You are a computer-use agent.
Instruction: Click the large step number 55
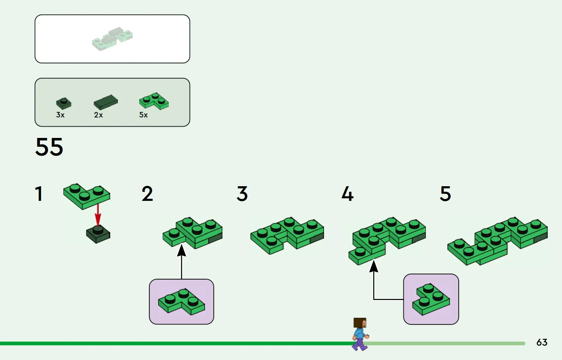[x=49, y=147]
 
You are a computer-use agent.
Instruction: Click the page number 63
[x=541, y=342]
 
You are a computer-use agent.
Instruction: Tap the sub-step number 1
[x=39, y=194]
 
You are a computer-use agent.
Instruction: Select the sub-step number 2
[x=147, y=194]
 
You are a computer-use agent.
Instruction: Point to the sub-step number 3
[x=242, y=194]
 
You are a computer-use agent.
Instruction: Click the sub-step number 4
[x=347, y=194]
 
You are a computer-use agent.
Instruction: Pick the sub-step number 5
[x=445, y=194]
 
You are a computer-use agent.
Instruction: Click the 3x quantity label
[x=60, y=115]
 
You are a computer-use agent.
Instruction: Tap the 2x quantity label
[x=98, y=115]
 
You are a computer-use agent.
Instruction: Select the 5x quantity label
[x=144, y=115]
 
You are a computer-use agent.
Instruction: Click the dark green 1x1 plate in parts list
[x=64, y=104]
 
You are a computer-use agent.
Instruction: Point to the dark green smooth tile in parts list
[x=106, y=102]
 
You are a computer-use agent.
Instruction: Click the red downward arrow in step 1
[x=98, y=216]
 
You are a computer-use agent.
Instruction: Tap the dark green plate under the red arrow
[x=98, y=235]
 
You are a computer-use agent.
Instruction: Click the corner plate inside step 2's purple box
[x=182, y=302]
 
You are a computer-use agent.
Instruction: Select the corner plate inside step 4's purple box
[x=431, y=299]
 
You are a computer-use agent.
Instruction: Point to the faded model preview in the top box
[x=112, y=38]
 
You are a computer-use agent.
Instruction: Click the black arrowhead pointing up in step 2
[x=182, y=251]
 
